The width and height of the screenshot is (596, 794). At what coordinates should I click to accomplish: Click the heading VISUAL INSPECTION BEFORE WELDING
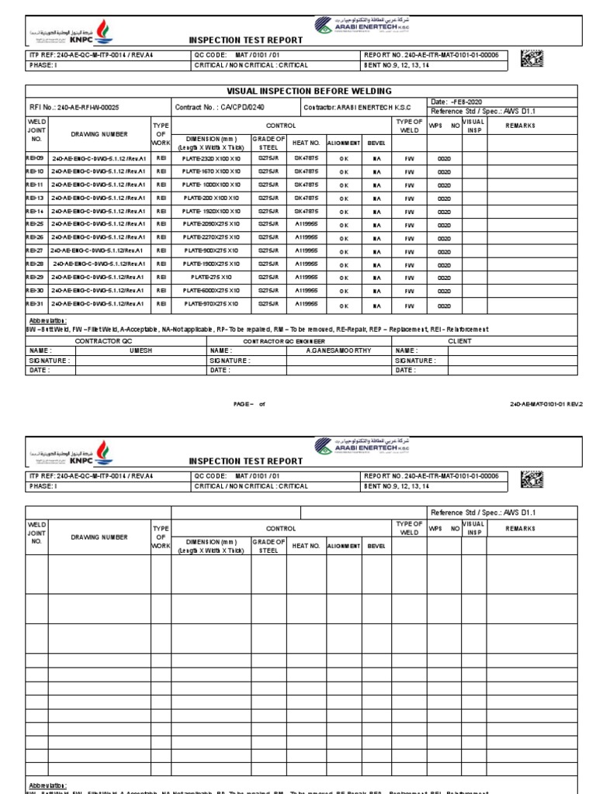309,91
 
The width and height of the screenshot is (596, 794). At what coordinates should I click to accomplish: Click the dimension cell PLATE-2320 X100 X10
210,158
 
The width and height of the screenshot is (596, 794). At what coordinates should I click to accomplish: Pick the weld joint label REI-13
35,198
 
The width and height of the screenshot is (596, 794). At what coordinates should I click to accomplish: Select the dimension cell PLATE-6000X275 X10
210,290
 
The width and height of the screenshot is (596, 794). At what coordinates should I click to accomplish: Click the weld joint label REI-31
35,303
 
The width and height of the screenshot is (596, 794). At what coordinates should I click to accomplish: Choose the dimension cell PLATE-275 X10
210,277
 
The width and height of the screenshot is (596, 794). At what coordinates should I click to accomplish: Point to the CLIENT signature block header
465,340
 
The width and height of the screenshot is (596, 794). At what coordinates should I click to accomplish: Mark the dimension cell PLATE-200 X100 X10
210,198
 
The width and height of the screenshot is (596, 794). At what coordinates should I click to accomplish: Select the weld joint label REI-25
35,224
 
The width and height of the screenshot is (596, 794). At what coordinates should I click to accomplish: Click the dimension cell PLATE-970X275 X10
210,303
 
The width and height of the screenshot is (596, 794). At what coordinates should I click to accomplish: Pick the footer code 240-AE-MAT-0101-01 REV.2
546,404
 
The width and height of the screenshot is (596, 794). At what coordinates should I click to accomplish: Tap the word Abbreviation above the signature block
47,320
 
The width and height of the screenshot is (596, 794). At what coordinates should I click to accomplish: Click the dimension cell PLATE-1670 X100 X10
210,171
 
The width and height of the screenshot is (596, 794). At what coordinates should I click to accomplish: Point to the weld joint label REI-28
35,264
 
